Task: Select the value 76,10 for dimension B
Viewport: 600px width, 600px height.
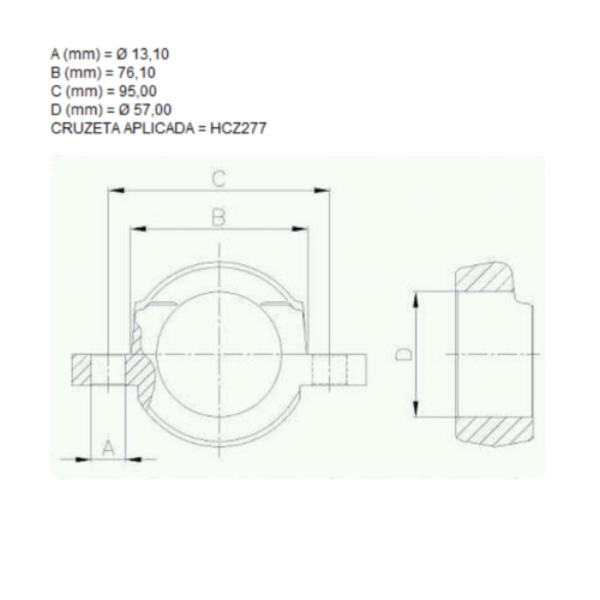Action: [136, 72]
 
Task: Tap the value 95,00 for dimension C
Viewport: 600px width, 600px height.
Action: [137, 91]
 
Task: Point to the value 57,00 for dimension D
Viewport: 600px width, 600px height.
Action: [152, 109]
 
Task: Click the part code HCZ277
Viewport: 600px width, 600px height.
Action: [238, 128]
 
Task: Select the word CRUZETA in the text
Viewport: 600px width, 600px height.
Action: [85, 128]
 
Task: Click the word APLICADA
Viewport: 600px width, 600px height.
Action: [159, 128]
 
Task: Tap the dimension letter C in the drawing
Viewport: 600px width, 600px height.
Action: [219, 179]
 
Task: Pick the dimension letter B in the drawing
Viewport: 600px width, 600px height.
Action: [218, 217]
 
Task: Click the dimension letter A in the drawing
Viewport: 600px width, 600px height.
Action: [108, 448]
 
